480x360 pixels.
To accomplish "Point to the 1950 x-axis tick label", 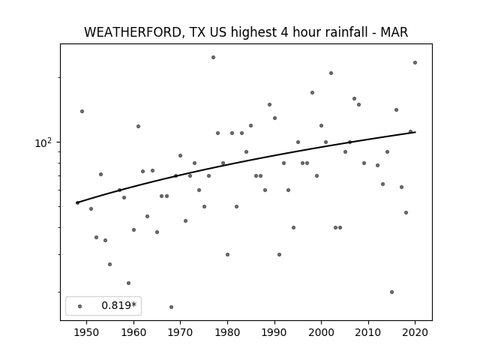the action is click(x=87, y=332).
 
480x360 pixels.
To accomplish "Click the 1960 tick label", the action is click(x=133, y=332).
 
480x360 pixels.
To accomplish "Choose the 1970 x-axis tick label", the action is click(x=180, y=332).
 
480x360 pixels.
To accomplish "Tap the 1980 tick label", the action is click(x=227, y=332).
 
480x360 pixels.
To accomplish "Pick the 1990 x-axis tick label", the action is click(x=274, y=332).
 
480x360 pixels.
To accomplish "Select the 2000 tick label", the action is click(x=321, y=332).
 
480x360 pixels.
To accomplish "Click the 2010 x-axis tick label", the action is click(x=368, y=332).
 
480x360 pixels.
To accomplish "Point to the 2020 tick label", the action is click(x=415, y=332).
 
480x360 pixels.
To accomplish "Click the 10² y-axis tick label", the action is click(x=43, y=142).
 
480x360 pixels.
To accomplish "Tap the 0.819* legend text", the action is click(x=118, y=305).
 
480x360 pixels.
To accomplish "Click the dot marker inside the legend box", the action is click(x=80, y=306).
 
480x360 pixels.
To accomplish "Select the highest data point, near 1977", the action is click(x=213, y=57).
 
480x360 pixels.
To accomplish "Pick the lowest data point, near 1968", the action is click(x=171, y=307).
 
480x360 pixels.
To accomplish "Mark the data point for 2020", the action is click(x=415, y=62).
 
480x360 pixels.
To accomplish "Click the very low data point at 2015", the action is click(x=391, y=292).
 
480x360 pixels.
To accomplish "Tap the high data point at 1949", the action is click(x=82, y=111).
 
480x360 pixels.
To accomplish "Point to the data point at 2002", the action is click(x=331, y=73).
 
